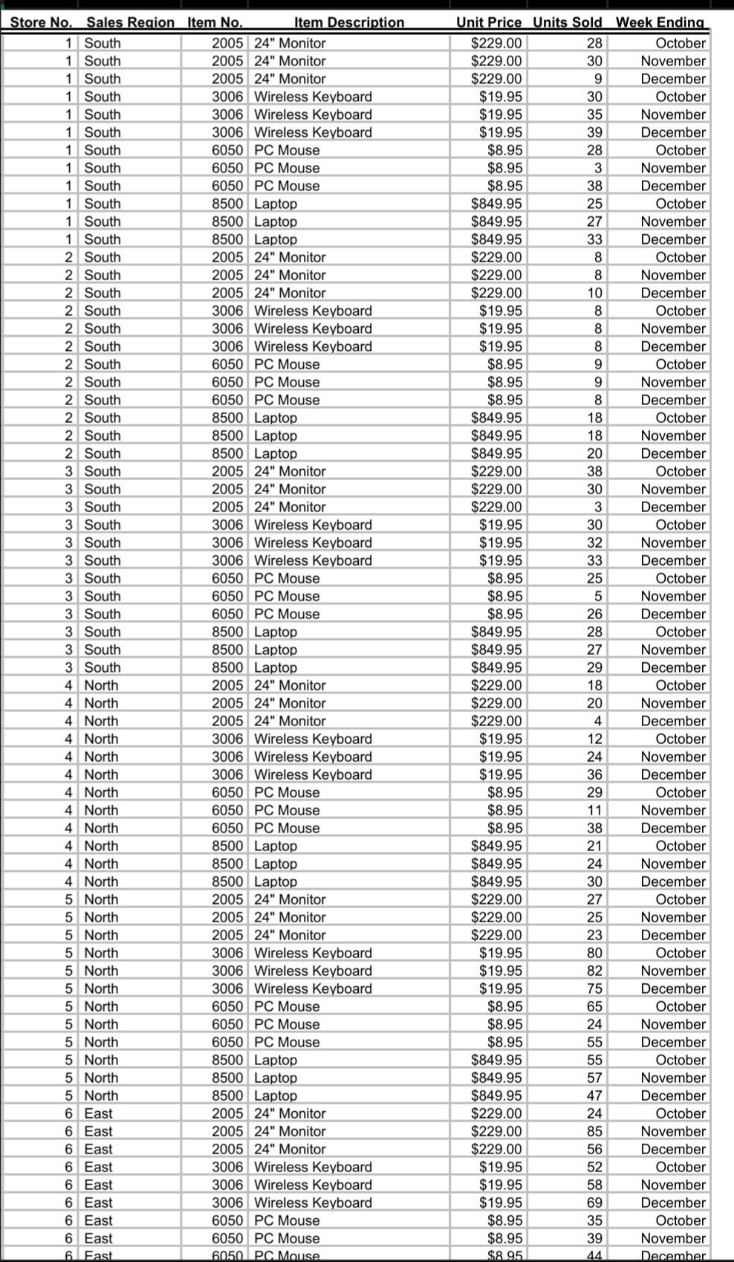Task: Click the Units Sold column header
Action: tap(567, 22)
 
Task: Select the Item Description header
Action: tap(349, 22)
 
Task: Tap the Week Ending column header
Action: tap(660, 22)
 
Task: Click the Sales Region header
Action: tap(131, 22)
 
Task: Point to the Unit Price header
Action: tap(488, 22)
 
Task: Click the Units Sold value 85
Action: tap(594, 1131)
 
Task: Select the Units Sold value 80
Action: tap(594, 953)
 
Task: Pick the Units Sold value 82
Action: tap(594, 971)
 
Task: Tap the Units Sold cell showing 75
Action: tap(594, 988)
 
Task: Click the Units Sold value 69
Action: tap(594, 1203)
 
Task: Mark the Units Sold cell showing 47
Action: tap(594, 1096)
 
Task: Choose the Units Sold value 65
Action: tap(594, 1006)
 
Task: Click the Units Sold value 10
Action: tap(594, 293)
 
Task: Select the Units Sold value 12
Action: tap(594, 739)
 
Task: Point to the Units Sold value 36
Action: tap(594, 774)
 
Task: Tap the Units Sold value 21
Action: tap(594, 846)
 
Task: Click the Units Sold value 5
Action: tap(597, 596)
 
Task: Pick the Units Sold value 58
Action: tap(594, 1185)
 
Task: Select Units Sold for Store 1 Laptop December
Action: tap(594, 239)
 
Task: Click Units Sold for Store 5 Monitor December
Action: tap(594, 935)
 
